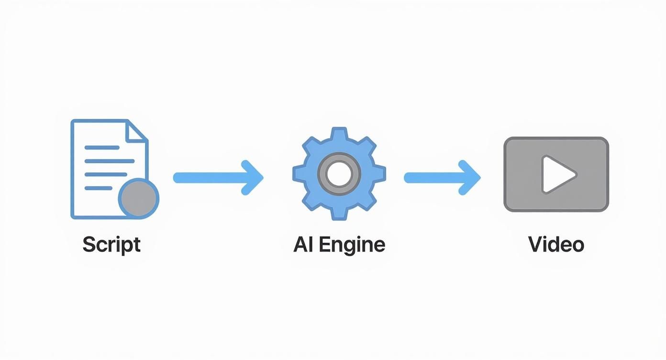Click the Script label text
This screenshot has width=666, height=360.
[x=111, y=245]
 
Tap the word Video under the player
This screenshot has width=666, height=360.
[x=556, y=245]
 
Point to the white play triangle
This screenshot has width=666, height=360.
[x=557, y=174]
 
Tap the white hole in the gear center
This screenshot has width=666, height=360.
[x=339, y=173]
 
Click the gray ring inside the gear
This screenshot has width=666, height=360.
[x=339, y=161]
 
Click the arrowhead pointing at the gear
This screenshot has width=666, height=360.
[x=254, y=178]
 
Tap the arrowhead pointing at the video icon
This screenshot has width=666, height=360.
[x=471, y=178]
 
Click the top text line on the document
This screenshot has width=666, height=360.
[x=102, y=148]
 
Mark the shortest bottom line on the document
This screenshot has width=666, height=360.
[x=98, y=188]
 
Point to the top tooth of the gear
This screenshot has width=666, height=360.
[x=339, y=134]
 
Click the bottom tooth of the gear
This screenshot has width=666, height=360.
[x=339, y=214]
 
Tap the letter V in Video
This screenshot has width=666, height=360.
[x=534, y=245]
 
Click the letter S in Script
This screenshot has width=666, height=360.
[x=88, y=245]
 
